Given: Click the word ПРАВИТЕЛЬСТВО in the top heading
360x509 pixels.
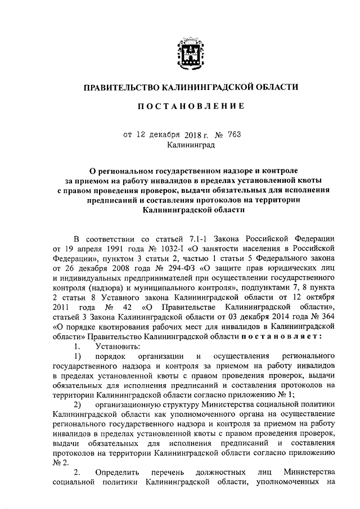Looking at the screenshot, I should pyautogui.click(x=121, y=88).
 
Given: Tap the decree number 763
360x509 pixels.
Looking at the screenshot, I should pyautogui.click(x=234, y=134).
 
